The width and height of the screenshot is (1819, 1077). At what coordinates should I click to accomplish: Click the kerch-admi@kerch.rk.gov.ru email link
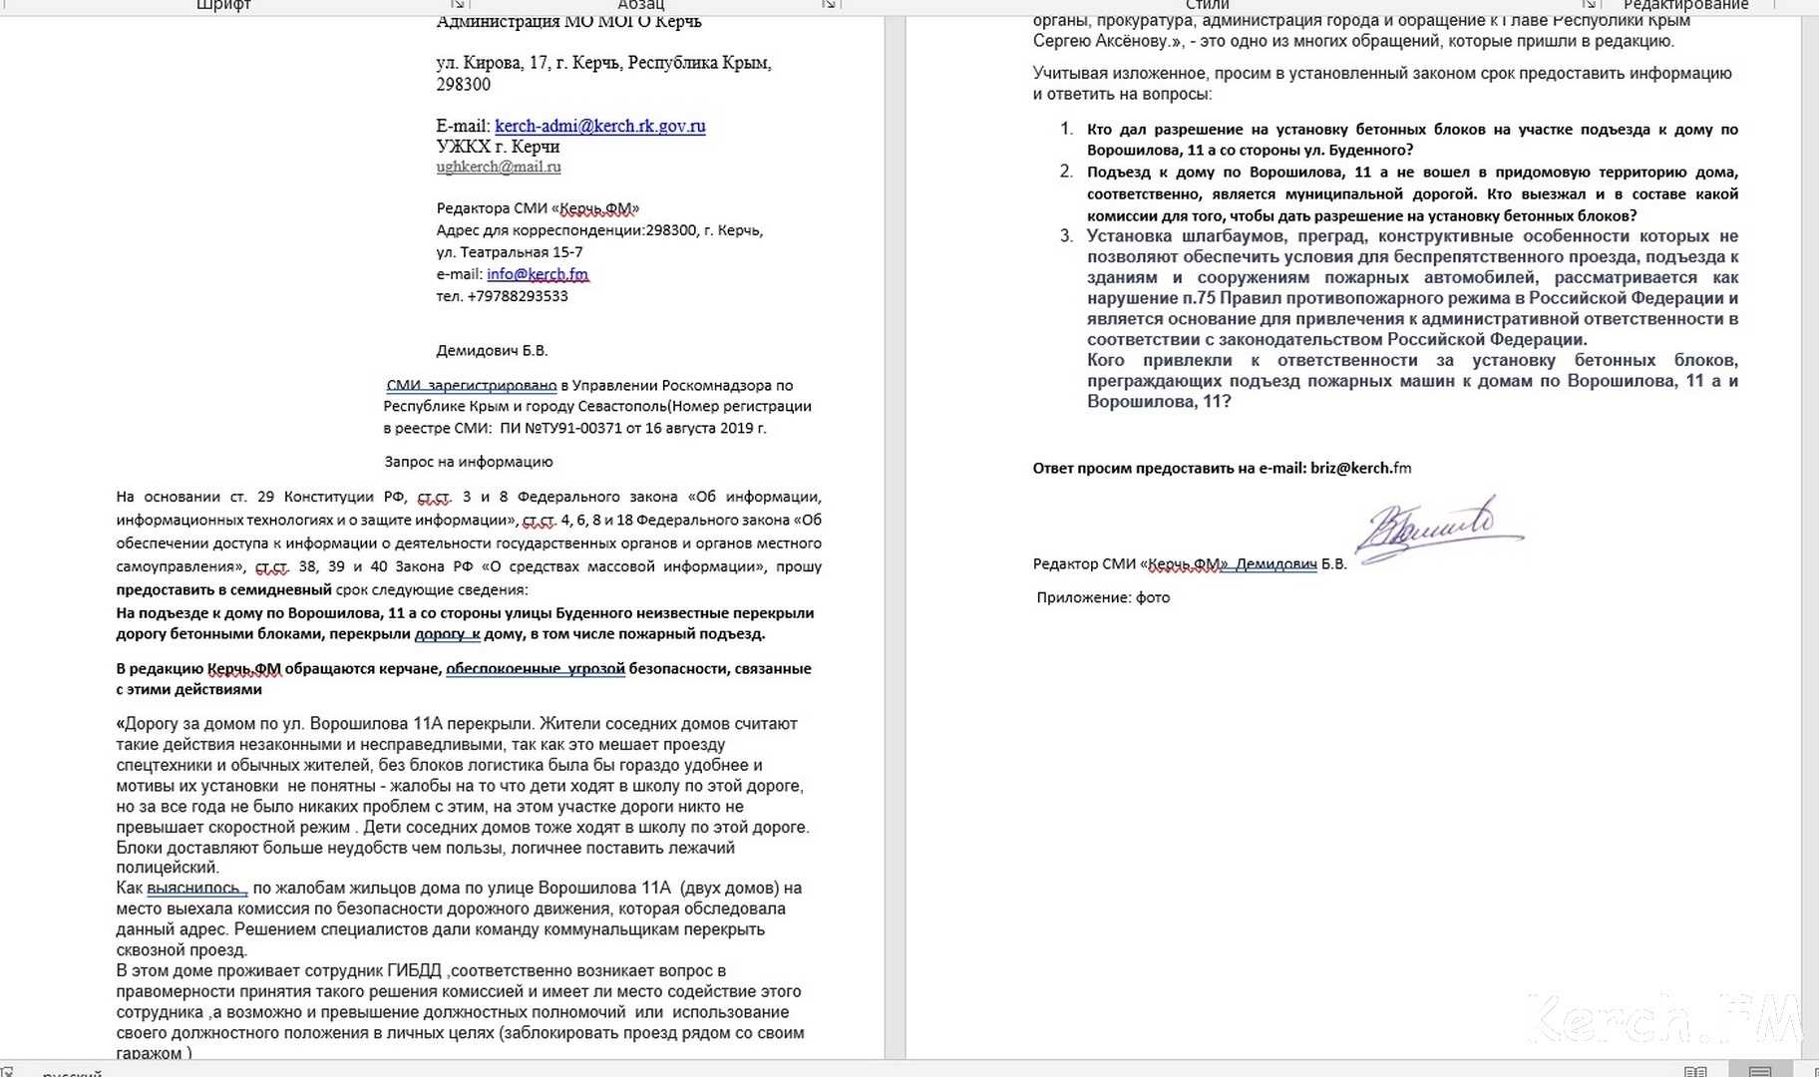click(x=599, y=127)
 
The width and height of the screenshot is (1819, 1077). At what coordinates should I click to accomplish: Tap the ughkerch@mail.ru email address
click(x=499, y=167)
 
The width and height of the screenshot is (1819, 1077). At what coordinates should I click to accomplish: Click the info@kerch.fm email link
click(x=538, y=274)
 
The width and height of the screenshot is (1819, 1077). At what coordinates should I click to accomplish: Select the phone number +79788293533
click(x=517, y=296)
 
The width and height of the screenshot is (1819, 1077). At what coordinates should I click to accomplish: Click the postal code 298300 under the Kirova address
click(x=463, y=85)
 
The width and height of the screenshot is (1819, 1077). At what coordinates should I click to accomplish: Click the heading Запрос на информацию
click(x=469, y=462)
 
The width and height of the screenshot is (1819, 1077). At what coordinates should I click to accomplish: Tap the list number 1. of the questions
click(x=1066, y=130)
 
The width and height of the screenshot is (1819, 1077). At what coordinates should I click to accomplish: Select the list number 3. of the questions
click(x=1066, y=236)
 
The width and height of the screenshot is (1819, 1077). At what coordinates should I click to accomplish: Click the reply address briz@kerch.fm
click(x=1360, y=468)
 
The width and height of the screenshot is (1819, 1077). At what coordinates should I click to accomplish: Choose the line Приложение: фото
click(x=1103, y=597)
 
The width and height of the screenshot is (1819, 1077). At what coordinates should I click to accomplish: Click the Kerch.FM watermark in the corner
click(x=1665, y=1017)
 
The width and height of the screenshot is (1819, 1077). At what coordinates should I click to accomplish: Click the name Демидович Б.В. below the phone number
click(x=492, y=351)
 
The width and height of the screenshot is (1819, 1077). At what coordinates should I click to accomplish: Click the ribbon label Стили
click(x=1207, y=5)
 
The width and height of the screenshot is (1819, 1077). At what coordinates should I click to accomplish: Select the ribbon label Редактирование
click(x=1685, y=5)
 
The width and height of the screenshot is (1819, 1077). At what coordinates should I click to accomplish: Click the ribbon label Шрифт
click(x=223, y=5)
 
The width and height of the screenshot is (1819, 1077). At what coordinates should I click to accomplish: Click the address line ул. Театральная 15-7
click(x=510, y=252)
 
